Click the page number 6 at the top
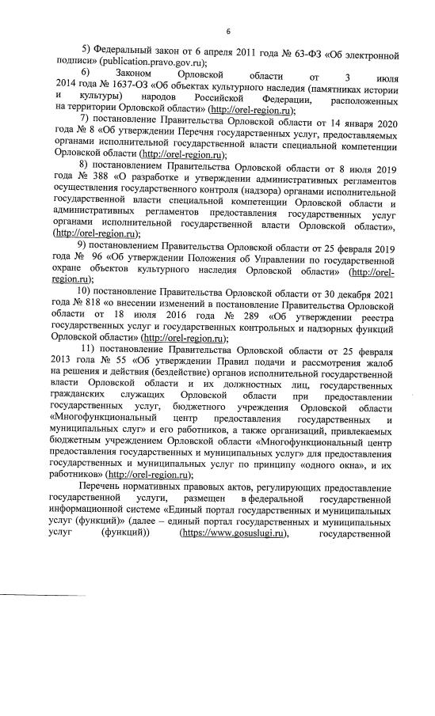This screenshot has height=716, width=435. pyautogui.click(x=227, y=31)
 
